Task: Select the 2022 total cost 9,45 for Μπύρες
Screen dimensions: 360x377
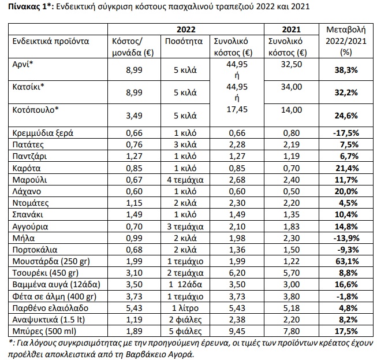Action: (238, 332)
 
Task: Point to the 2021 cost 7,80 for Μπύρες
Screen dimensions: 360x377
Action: (290, 332)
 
